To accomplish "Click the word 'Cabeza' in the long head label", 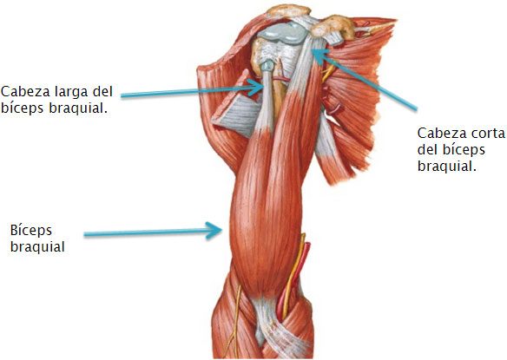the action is (x=25, y=91).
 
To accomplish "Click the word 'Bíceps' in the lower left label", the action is (x=31, y=232).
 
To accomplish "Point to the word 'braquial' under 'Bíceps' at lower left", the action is (x=37, y=247).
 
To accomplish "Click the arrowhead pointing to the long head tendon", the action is (x=257, y=86).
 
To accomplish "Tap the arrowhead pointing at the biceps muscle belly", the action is (x=214, y=231).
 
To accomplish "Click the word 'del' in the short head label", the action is (x=426, y=149).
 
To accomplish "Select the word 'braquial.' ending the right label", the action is (x=447, y=167).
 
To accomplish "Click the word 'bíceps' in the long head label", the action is (x=22, y=108).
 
